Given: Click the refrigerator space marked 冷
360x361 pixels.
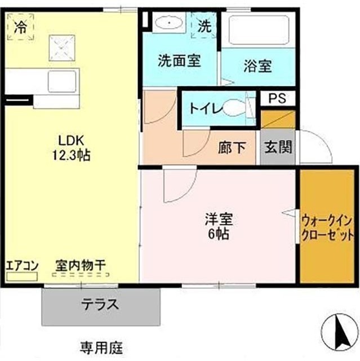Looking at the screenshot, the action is coord(20,27).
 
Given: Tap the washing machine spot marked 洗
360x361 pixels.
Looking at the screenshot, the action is coord(205,25).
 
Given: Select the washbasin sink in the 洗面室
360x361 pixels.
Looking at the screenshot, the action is coord(169,23).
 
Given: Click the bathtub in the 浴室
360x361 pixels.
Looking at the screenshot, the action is coord(259,30).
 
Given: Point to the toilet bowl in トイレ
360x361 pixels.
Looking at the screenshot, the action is coord(233,108).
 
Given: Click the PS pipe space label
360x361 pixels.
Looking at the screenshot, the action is coord(278,98).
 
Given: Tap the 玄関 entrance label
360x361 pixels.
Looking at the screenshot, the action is coord(278,147).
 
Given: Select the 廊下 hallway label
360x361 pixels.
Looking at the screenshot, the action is coord(232,147).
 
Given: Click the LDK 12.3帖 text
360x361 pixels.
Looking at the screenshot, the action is coord(71,148).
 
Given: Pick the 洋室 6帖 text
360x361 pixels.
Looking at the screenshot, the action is coord(219,227).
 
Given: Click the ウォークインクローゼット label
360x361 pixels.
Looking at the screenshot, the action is coord(327,228).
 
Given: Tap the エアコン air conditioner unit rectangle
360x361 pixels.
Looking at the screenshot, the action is coord(22,276).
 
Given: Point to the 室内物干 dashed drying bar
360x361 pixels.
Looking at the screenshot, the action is coord(81,275).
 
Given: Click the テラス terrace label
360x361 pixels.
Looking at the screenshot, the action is coord(100,305).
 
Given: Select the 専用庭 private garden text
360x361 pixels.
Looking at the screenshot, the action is coord(101,347).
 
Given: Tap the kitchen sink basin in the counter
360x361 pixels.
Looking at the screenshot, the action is coord(62,81).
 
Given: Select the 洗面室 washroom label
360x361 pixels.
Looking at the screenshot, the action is coord(179,61).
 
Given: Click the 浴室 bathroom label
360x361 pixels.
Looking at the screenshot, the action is coord(257,66).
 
